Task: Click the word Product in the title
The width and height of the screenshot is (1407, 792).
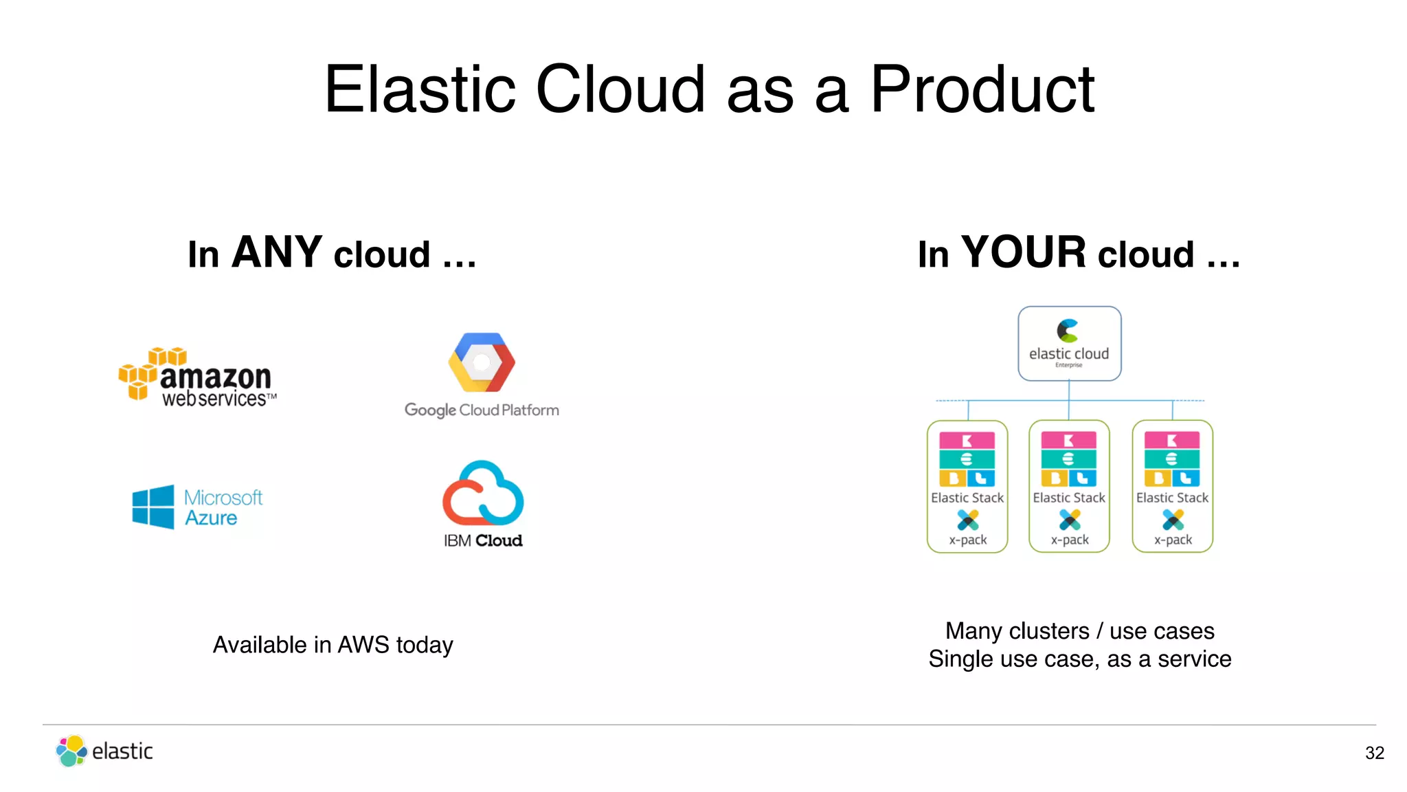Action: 982,89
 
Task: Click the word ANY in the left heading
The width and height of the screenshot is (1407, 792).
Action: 277,252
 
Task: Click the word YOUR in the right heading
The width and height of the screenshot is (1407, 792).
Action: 1024,252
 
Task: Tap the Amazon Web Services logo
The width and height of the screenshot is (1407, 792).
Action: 198,377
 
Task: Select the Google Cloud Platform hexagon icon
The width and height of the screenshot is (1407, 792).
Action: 482,362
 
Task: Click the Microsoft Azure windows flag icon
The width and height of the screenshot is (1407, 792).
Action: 153,507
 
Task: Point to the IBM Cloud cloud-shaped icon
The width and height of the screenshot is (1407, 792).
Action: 483,493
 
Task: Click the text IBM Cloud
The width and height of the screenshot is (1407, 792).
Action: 483,541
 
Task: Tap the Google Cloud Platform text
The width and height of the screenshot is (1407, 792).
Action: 482,410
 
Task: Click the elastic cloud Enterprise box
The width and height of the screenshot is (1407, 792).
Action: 1069,344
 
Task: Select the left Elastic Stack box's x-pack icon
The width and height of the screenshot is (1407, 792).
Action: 967,520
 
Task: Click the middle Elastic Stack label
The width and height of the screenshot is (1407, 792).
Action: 1069,498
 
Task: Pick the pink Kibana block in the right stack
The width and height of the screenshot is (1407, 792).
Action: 1171,440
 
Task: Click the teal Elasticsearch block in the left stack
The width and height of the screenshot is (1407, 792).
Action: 967,459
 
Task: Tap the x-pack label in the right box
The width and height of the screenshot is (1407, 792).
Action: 1173,540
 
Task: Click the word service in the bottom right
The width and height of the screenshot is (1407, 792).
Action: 1194,659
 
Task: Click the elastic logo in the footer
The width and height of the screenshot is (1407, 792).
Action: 104,751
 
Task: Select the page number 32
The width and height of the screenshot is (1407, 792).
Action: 1374,753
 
